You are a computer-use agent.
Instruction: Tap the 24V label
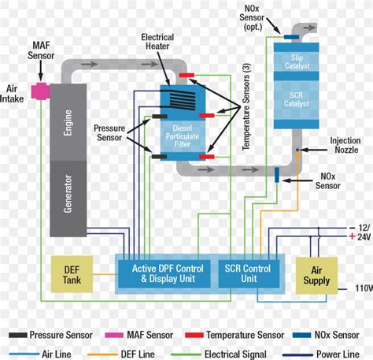pyautogui.click(x=360, y=236)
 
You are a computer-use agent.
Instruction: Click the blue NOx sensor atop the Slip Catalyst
pyautogui.click(x=290, y=36)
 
